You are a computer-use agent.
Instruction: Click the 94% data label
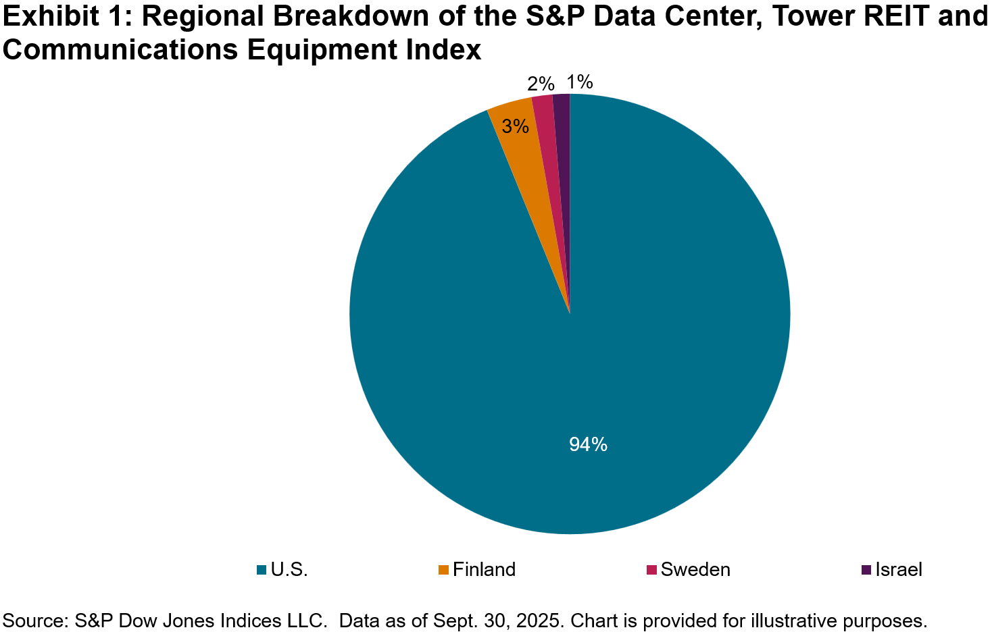tap(588, 444)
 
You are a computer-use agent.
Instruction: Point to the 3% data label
tap(516, 126)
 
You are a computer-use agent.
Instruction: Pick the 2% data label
tap(541, 84)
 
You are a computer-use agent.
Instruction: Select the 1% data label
tap(580, 82)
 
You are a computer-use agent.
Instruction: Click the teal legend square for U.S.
tap(262, 570)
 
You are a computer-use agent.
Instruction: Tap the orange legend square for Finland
tap(443, 570)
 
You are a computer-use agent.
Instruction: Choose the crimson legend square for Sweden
tap(651, 570)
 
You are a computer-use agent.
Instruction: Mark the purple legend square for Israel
tap(866, 570)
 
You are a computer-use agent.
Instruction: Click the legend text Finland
tap(484, 570)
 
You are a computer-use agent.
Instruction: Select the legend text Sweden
tap(695, 570)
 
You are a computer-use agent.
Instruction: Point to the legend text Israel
tap(899, 570)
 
